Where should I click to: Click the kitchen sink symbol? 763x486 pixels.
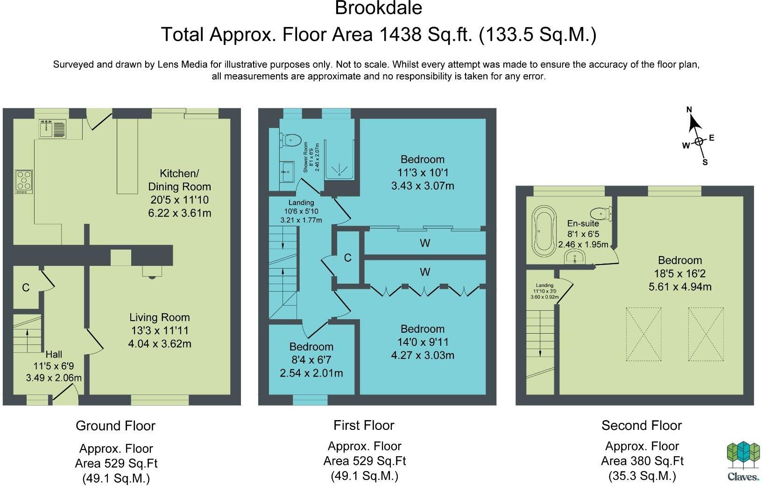pos(52,129)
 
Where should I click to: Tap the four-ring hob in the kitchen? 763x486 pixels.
pos(24,181)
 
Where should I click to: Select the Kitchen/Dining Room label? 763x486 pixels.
pos(179,180)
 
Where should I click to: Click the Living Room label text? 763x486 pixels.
pos(159,317)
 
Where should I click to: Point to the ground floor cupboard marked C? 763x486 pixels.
pos(26,287)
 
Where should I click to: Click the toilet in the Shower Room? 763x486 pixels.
pos(290,139)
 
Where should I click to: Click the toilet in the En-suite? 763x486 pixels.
pos(601,214)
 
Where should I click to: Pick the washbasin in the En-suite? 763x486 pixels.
pos(574,257)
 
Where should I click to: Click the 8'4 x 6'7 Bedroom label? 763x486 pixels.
pos(311,347)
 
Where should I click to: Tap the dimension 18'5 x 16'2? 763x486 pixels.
pos(680,274)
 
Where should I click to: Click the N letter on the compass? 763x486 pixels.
pos(689,110)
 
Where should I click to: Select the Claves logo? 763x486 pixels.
pos(743,461)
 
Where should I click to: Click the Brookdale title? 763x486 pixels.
pos(378,8)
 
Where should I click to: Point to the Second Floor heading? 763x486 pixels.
pos(641,425)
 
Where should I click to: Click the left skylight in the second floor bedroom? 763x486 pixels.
pos(643,334)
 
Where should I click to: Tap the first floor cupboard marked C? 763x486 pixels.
pos(347,257)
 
